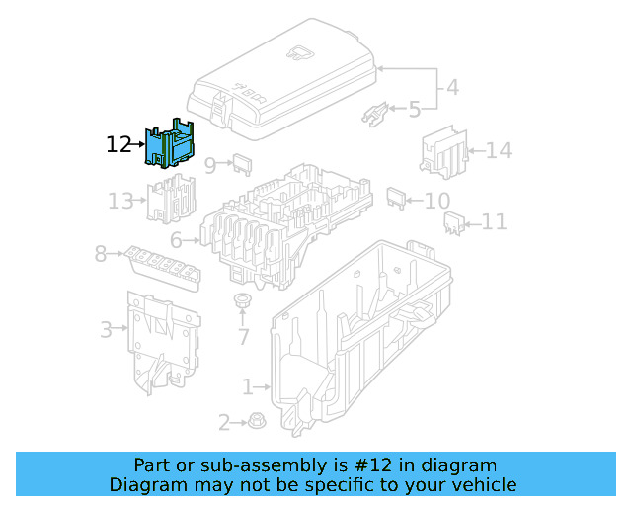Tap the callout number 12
[118, 145]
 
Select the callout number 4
[451, 87]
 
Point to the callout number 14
[499, 150]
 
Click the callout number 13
[120, 202]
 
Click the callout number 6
[177, 240]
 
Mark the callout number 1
[248, 385]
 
